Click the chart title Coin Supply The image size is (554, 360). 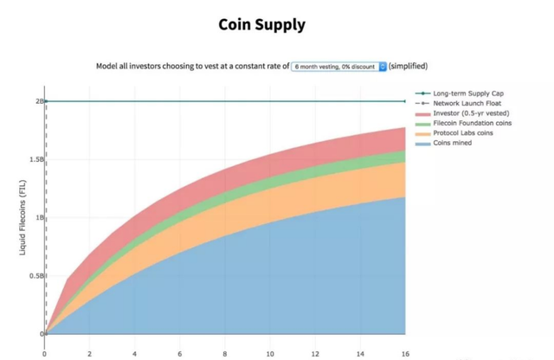pos(261,24)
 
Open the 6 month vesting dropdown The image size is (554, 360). pos(338,66)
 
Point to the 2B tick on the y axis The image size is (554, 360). pos(38,101)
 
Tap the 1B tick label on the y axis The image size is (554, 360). pos(38,217)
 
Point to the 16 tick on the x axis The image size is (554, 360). pos(404,352)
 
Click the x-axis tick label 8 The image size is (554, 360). pos(225,352)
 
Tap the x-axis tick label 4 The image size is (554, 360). pos(135,352)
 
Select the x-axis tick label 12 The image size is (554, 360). pos(314,352)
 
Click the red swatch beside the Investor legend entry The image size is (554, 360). pos(423,113)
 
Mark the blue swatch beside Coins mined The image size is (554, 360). pos(423,144)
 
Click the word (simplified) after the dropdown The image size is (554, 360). pos(408,66)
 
